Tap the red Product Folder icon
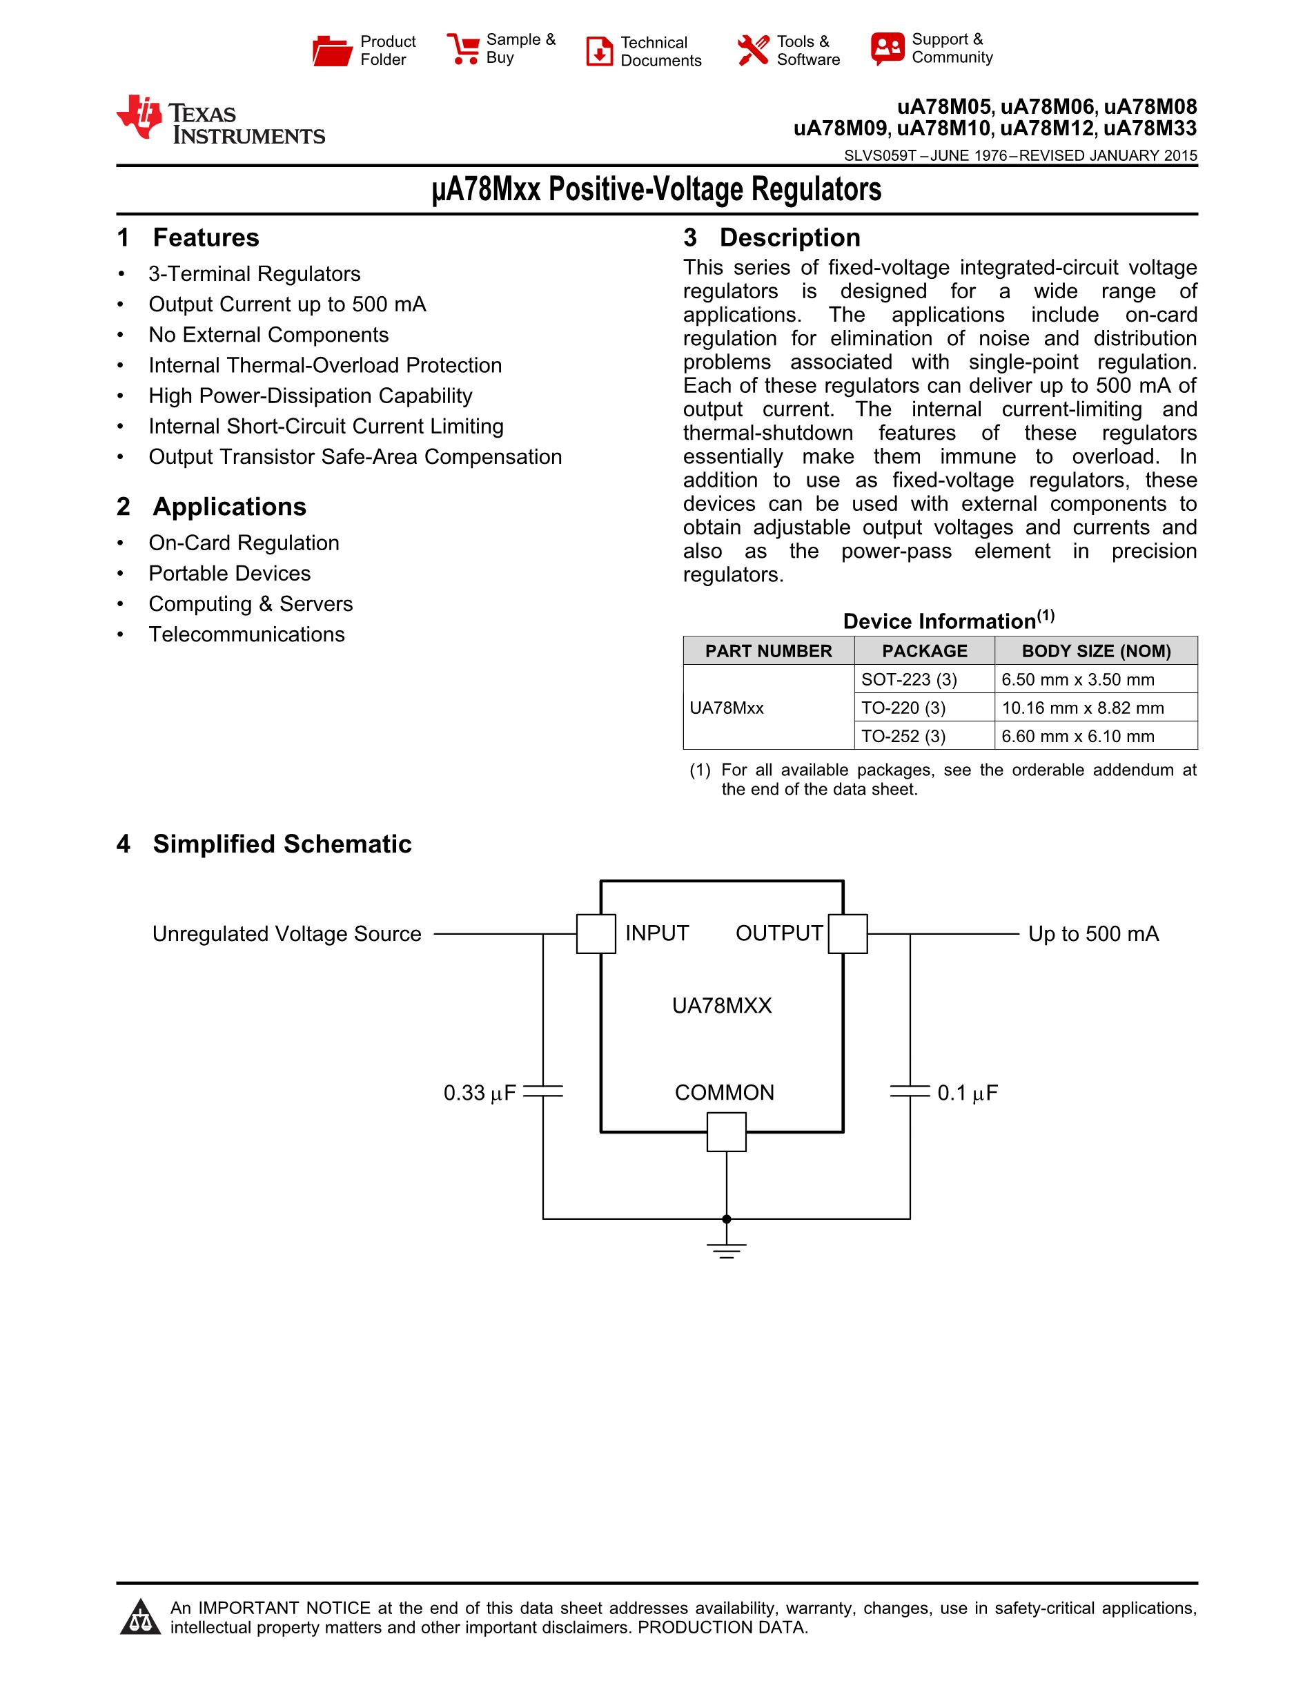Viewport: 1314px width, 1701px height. [333, 50]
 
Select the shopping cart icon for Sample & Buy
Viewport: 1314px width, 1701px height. [463, 48]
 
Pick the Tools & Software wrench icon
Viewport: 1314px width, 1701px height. [753, 50]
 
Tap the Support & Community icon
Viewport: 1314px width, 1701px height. [888, 49]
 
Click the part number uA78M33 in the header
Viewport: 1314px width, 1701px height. [1150, 128]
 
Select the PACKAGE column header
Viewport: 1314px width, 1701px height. [924, 650]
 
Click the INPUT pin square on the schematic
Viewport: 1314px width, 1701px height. [596, 934]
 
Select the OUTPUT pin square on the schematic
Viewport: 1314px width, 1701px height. [847, 934]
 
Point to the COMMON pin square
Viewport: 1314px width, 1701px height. [726, 1131]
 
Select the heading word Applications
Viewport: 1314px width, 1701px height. [230, 506]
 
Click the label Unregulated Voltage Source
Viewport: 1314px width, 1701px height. [286, 934]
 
